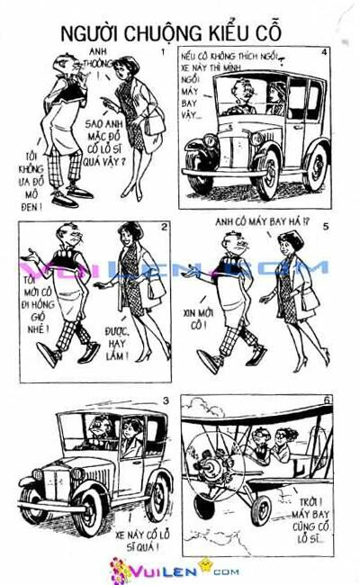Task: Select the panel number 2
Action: [x=164, y=226]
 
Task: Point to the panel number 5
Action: [x=326, y=227]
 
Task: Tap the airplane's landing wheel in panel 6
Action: [x=260, y=509]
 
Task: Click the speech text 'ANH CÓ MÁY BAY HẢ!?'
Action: [x=254, y=222]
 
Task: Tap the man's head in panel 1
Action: [x=66, y=65]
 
